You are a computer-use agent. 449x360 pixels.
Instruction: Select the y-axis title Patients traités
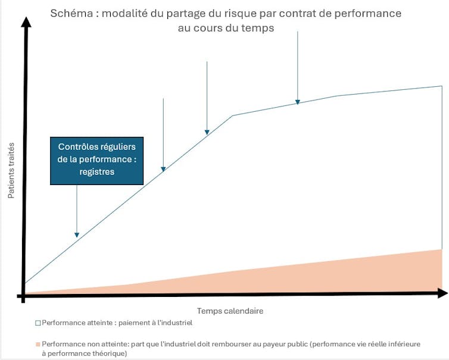pyautogui.click(x=11, y=170)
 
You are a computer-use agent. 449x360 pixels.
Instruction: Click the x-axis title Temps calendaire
pyautogui.click(x=230, y=311)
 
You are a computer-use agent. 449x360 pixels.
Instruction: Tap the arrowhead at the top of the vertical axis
pyautogui.click(x=26, y=23)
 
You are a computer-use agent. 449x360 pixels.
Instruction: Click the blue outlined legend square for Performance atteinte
pyautogui.click(x=38, y=323)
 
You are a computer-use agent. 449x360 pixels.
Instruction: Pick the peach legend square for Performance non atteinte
pyautogui.click(x=38, y=344)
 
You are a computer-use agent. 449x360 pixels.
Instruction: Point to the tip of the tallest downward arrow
pyautogui.click(x=298, y=102)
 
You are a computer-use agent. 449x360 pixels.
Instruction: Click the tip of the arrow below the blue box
pyautogui.click(x=77, y=236)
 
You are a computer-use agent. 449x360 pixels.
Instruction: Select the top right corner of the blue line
pyautogui.click(x=442, y=86)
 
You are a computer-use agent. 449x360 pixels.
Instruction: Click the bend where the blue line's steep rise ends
pyautogui.click(x=232, y=115)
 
